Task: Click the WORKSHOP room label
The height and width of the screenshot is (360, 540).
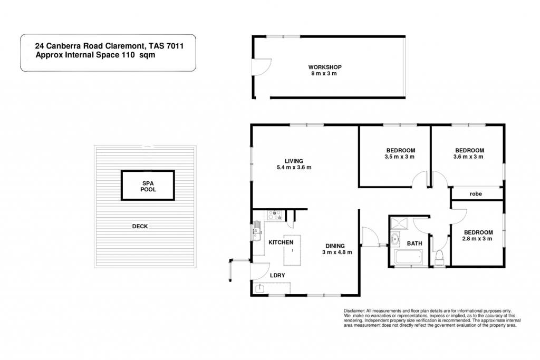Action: pos(325,67)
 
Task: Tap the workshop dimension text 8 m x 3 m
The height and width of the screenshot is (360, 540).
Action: pos(324,74)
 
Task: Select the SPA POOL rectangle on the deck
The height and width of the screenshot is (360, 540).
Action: pos(148,185)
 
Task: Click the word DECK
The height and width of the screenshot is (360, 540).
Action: pos(140,226)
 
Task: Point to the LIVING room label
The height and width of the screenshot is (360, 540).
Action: pos(294,161)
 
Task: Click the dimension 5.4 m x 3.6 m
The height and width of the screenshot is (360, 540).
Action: pos(294,167)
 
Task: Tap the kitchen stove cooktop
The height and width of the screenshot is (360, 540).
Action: pos(275,215)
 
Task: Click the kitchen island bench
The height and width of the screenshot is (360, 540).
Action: pos(292,250)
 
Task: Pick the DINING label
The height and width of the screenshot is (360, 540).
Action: pos(335,246)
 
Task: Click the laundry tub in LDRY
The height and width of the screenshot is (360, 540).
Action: pos(259,288)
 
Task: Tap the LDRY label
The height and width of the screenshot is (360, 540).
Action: pos(277,275)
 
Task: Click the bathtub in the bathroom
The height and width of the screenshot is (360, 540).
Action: pos(408,258)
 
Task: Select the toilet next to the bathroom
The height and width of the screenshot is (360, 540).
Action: pos(439,258)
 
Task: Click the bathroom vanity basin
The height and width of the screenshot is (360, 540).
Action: pos(395,239)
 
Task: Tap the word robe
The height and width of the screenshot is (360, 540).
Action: pos(476,194)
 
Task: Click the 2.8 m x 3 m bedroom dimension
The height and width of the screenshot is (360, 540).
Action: pos(478,239)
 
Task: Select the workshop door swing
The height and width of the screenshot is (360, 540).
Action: pos(262,67)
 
